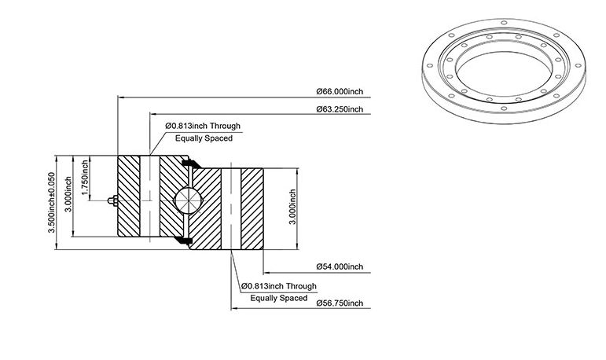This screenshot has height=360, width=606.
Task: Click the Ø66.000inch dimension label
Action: point(340,92)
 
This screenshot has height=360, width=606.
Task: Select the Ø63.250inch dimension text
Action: point(340,109)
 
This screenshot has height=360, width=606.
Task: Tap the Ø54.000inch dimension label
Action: point(340,266)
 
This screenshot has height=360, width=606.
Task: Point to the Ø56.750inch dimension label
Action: point(340,303)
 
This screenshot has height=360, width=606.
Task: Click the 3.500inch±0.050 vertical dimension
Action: point(51,203)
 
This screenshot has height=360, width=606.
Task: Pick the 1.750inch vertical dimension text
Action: point(85,178)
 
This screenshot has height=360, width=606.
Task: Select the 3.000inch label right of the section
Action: point(292,207)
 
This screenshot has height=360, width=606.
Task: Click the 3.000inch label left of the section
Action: point(68,194)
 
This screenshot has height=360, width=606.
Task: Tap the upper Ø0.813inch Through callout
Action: point(203,126)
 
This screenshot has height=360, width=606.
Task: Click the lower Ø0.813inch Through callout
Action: point(279,287)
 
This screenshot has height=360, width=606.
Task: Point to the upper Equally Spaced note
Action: point(204,138)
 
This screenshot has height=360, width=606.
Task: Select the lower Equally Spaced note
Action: point(279,298)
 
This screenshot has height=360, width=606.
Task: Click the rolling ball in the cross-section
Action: point(189,200)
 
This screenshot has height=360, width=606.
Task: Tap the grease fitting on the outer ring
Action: point(113,200)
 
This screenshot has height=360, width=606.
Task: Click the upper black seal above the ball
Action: point(191,164)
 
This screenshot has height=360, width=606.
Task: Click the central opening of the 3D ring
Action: point(504,72)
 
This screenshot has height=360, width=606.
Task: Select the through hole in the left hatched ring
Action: point(149,196)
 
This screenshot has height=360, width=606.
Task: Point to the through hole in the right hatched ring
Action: point(231,209)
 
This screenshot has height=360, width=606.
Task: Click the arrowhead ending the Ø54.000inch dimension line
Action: point(266,273)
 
